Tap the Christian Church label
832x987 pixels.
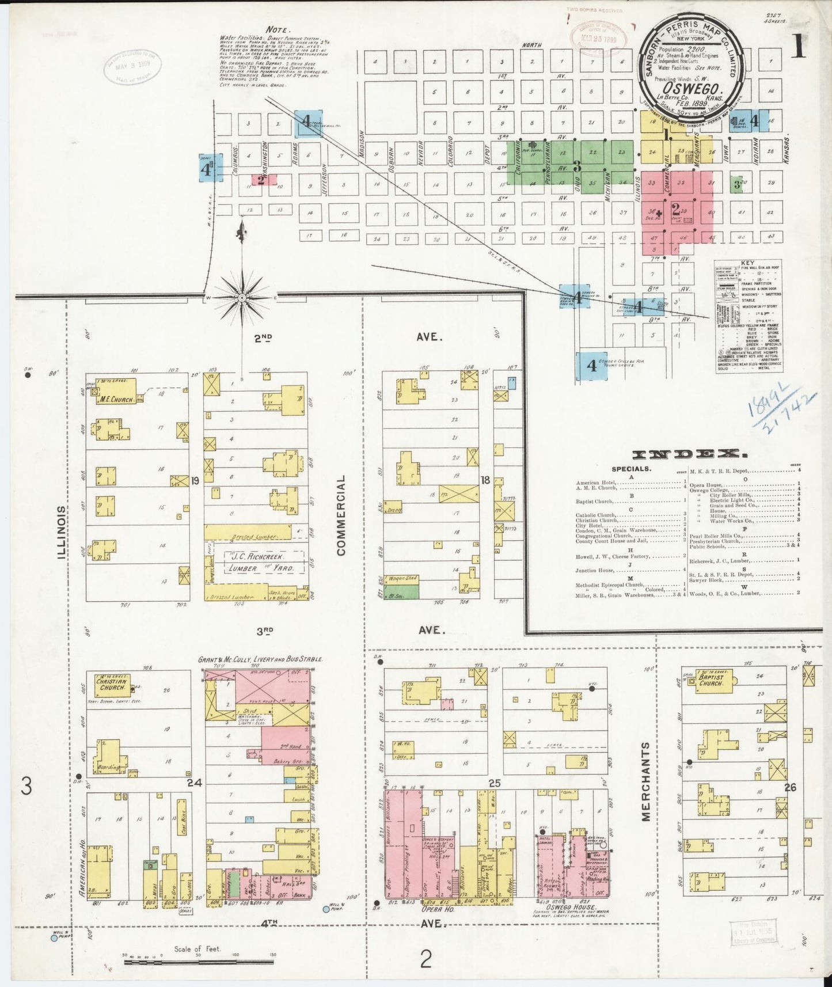[112, 684]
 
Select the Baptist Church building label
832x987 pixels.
[711, 681]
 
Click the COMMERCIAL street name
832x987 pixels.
[341, 515]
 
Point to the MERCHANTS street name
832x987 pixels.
[645, 781]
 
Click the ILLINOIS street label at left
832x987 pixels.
[62, 533]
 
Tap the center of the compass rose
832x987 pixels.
[242, 297]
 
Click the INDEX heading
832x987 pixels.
[686, 455]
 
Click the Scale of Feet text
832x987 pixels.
[197, 949]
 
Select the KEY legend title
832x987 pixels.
[748, 263]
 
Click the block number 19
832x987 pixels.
[195, 480]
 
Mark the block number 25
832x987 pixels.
[495, 783]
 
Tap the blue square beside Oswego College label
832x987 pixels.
[591, 366]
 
